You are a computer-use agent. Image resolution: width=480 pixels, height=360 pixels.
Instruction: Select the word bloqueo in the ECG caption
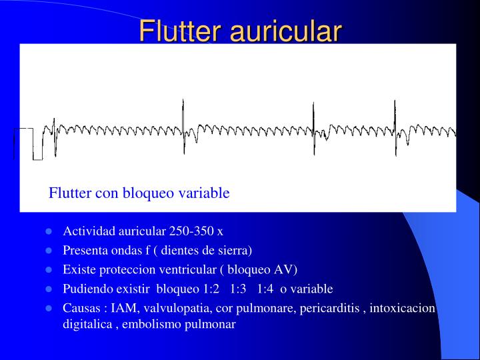153,193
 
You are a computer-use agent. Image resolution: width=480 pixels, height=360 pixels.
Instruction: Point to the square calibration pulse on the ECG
27,143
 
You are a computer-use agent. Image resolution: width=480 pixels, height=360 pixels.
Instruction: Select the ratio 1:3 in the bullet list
241,289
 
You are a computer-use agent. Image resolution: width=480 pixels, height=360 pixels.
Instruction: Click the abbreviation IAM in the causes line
121,308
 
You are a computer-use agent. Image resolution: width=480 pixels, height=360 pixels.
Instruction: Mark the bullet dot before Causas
49,308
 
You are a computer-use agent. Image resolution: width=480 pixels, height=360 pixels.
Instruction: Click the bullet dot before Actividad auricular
49,231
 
